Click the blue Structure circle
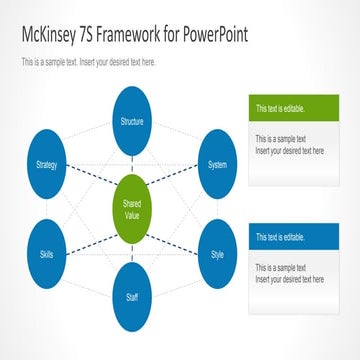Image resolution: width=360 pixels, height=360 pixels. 131,120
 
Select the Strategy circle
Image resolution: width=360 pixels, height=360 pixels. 46,164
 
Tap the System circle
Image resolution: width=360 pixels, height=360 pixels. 216,164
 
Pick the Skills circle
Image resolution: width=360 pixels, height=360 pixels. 46,255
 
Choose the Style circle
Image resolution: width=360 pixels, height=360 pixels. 217,255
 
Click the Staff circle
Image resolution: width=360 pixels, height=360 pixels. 131,298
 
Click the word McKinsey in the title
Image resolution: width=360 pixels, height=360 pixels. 55,37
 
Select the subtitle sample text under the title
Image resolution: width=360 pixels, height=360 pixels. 88,62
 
